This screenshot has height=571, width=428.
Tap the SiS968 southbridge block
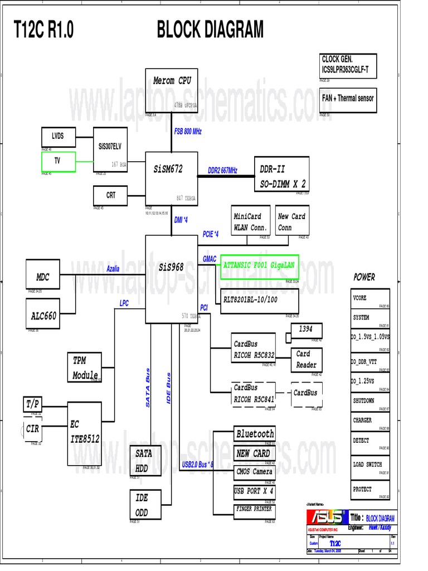pyautogui.click(x=172, y=278)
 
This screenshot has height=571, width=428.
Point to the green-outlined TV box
pyautogui.click(x=59, y=162)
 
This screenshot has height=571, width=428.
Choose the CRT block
pyautogui.click(x=111, y=196)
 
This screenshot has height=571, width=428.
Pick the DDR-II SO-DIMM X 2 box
pyautogui.click(x=283, y=176)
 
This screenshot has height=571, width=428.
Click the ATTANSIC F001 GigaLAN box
pyautogui.click(x=259, y=266)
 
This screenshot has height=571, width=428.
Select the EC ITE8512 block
pyautogui.click(x=85, y=433)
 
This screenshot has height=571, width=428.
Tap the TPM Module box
pyautogui.click(x=84, y=367)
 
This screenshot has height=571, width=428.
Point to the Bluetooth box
pyautogui.click(x=255, y=434)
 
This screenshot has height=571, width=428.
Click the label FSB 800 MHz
pyautogui.click(x=188, y=131)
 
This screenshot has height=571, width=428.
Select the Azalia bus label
pyautogui.click(x=113, y=269)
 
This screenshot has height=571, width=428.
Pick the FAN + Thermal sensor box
pyautogui.click(x=348, y=99)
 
